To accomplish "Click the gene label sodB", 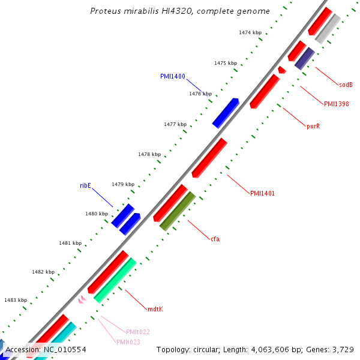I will (x=345, y=85).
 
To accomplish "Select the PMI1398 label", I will (x=337, y=104).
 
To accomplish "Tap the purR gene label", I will (x=313, y=126).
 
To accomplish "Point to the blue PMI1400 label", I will (x=172, y=76).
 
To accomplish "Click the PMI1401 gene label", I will (x=262, y=193).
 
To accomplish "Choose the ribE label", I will (x=85, y=185).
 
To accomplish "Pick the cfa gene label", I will (x=215, y=239).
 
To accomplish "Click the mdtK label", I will (x=155, y=309).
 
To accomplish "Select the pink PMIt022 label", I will (x=138, y=331).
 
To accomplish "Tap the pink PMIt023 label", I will (x=128, y=342).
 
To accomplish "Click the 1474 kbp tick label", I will (x=250, y=32).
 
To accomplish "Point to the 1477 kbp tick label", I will (x=175, y=124).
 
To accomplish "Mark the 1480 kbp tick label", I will (x=96, y=214).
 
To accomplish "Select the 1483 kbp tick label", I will (x=15, y=300).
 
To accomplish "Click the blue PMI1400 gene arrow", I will (x=226, y=113).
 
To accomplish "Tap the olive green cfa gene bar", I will (x=178, y=211).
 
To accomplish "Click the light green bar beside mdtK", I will (x=115, y=280).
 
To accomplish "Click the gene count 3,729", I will (x=341, y=349).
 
